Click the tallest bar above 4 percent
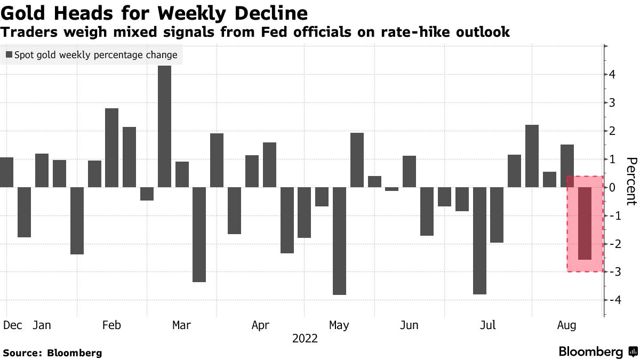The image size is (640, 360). pos(165,126)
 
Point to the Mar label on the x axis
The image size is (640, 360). pos(182,325)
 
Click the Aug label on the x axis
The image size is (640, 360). pos(566,325)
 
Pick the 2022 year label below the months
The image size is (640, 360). pos(305,338)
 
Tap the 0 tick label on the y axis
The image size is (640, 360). pos(613,188)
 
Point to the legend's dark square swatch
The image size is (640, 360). pos(9,55)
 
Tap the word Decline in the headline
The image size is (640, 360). pos(267,13)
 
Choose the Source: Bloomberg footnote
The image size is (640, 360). pos(52,353)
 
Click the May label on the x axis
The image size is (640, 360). pos(339,325)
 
